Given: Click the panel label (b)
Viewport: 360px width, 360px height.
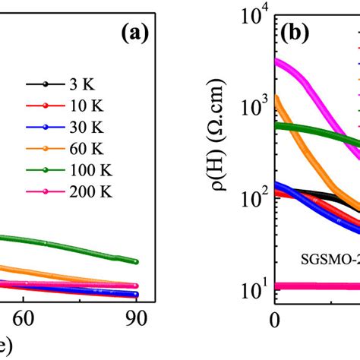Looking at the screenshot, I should click(x=301, y=34).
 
